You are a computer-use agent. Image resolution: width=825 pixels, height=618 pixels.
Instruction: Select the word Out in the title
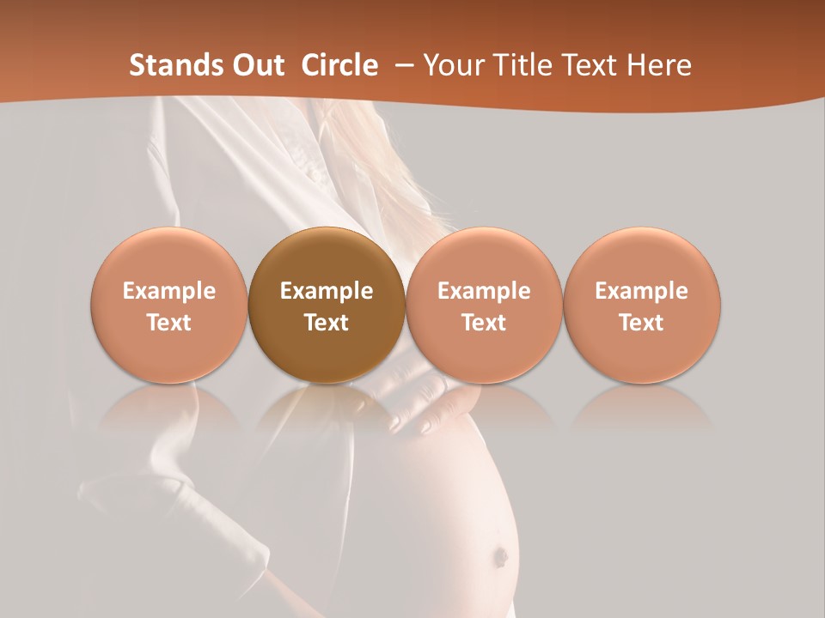(258, 65)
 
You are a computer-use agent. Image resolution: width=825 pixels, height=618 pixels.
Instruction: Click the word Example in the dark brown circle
(327, 291)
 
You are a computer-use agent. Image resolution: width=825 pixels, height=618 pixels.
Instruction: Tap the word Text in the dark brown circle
(327, 323)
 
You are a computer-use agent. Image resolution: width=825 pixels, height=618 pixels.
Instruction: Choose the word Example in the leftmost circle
(168, 291)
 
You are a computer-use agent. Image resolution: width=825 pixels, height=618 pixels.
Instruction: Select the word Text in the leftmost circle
(168, 323)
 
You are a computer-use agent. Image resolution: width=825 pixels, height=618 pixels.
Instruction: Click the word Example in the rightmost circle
(642, 291)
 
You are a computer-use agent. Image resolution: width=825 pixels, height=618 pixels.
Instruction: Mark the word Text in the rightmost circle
(642, 323)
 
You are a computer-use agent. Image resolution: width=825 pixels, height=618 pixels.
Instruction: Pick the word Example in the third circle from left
(484, 291)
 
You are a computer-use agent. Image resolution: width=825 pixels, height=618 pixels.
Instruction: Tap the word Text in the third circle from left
(484, 323)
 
